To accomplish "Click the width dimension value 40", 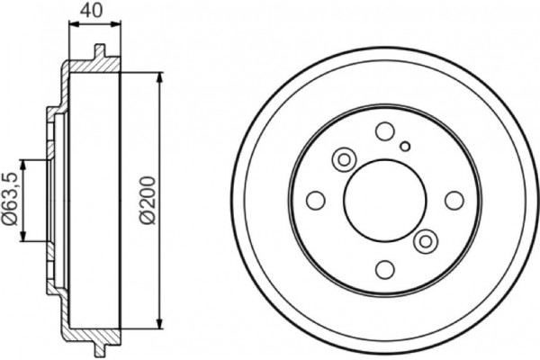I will click(91, 10).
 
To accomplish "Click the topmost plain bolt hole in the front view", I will click(384, 131).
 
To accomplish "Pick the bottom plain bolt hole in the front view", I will click(384, 269).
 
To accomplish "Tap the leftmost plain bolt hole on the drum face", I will click(316, 200).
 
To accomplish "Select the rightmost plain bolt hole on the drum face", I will click(454, 200).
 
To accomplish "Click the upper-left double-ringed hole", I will click(343, 159).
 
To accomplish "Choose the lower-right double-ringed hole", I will click(426, 240).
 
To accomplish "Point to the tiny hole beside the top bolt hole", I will click(405, 147).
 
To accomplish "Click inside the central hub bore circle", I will click(384, 200).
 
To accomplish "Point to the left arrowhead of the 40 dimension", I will click(72, 26).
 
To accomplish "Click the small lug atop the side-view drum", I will click(100, 52).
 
